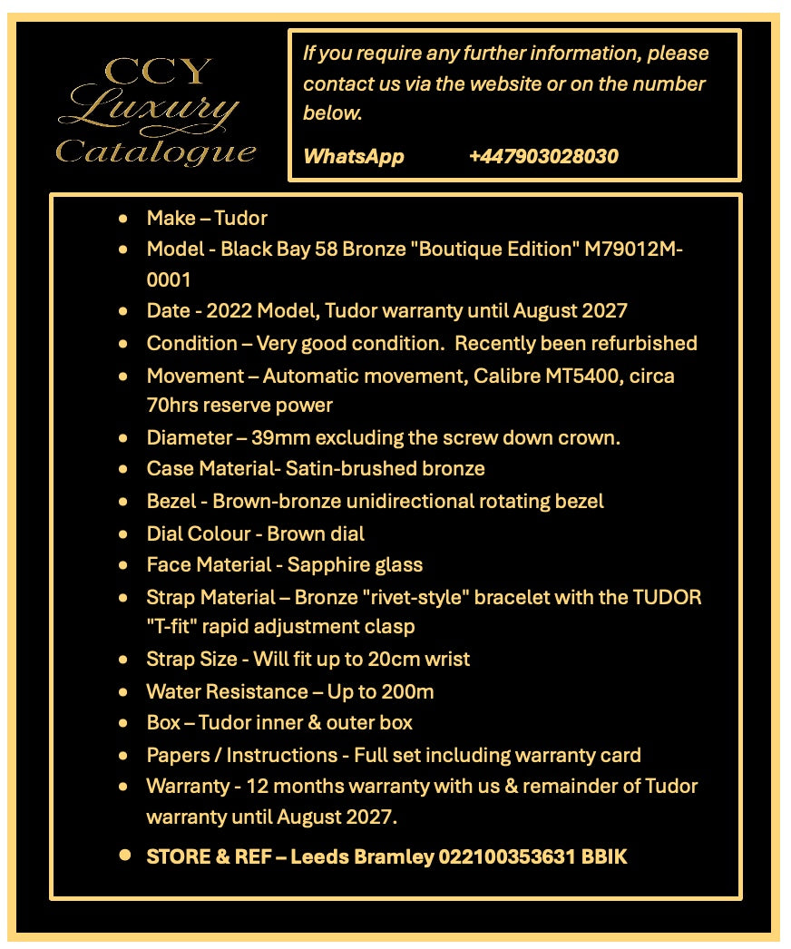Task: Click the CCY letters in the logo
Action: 157,71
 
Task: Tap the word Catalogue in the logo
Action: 155,151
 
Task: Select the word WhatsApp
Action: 354,156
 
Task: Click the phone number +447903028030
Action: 543,156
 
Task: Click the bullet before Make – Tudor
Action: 123,219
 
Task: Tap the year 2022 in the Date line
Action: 229,310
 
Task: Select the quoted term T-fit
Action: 180,626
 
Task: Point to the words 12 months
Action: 289,786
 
